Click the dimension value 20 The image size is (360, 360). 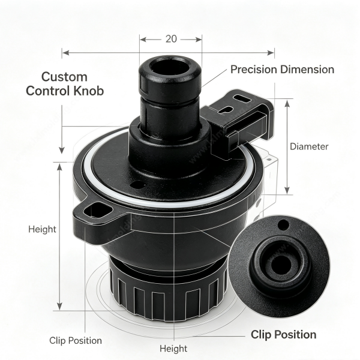point(171,39)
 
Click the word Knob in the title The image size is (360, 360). point(88,91)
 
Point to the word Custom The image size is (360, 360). point(64,77)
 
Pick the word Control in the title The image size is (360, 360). point(48,91)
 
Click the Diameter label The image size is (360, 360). point(309,146)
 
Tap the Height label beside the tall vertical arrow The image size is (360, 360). point(42,229)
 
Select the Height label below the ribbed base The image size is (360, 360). point(173,349)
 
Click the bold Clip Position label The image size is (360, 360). point(284,335)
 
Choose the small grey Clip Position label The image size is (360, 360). point(76,340)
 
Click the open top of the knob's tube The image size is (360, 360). point(169,67)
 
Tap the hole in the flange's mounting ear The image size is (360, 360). point(98,209)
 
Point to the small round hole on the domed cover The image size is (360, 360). point(137,184)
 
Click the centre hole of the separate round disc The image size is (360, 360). point(280,264)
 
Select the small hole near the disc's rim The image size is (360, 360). point(283,224)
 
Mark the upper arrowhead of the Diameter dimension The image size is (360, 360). point(287,104)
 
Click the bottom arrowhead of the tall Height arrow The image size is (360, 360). point(59,306)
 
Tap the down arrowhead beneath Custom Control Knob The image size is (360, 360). point(62,150)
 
